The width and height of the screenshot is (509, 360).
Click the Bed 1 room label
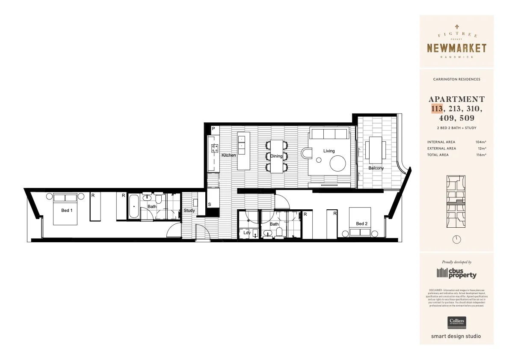67,210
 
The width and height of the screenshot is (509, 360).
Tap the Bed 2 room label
361,223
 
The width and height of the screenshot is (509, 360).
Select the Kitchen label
228,155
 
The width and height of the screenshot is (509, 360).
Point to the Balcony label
376,168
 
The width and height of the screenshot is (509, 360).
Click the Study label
189,210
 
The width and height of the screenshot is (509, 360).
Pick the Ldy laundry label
247,232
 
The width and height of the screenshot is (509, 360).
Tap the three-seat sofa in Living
329,134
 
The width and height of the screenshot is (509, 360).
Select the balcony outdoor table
376,148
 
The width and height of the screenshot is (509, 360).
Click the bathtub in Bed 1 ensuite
133,206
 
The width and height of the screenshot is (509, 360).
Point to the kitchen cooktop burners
214,148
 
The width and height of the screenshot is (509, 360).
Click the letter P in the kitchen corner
213,128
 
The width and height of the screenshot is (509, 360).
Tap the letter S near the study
209,205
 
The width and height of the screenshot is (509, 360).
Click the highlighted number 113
437,109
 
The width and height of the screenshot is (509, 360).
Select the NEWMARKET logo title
456,48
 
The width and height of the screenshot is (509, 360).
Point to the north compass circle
457,239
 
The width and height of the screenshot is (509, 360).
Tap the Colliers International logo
456,322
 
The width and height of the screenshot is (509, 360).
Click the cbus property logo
456,273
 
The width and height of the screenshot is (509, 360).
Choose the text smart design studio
456,336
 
